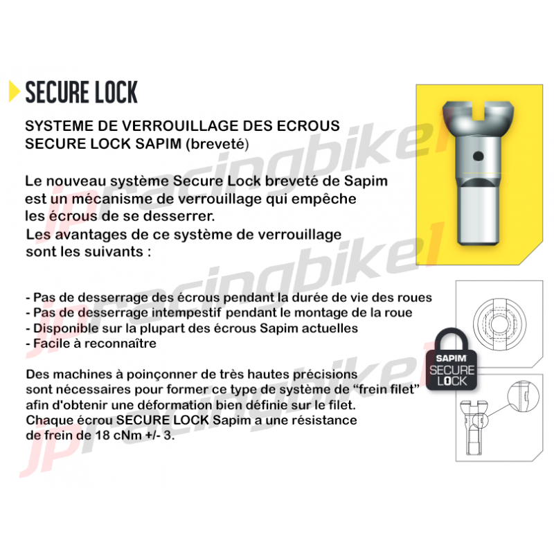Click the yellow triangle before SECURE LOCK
pos(13,91)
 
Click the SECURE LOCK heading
pos(81,91)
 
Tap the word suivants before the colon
pos(109,250)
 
